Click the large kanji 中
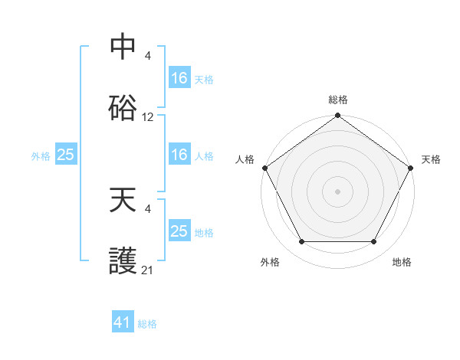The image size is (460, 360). coord(123,47)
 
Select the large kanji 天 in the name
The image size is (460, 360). coord(123,201)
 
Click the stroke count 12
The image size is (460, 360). coord(148,117)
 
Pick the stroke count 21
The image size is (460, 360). coord(148,270)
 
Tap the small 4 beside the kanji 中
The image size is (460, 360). coord(148,55)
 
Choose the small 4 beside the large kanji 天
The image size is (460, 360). coord(148,208)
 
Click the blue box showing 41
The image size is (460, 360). coord(123,322)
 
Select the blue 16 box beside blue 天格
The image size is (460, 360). coord(179,78)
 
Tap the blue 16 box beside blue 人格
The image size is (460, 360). coord(179,155)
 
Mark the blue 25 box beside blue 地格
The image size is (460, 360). coord(179,231)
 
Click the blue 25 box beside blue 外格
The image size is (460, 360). coord(66,155)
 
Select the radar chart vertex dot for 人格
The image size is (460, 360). coord(265,168)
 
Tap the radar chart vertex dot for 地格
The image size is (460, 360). coord(374,242)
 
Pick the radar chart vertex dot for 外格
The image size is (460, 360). coord(301,242)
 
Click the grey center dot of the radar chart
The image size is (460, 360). coord(337,191)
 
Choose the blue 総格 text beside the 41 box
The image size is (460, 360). coord(147,324)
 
